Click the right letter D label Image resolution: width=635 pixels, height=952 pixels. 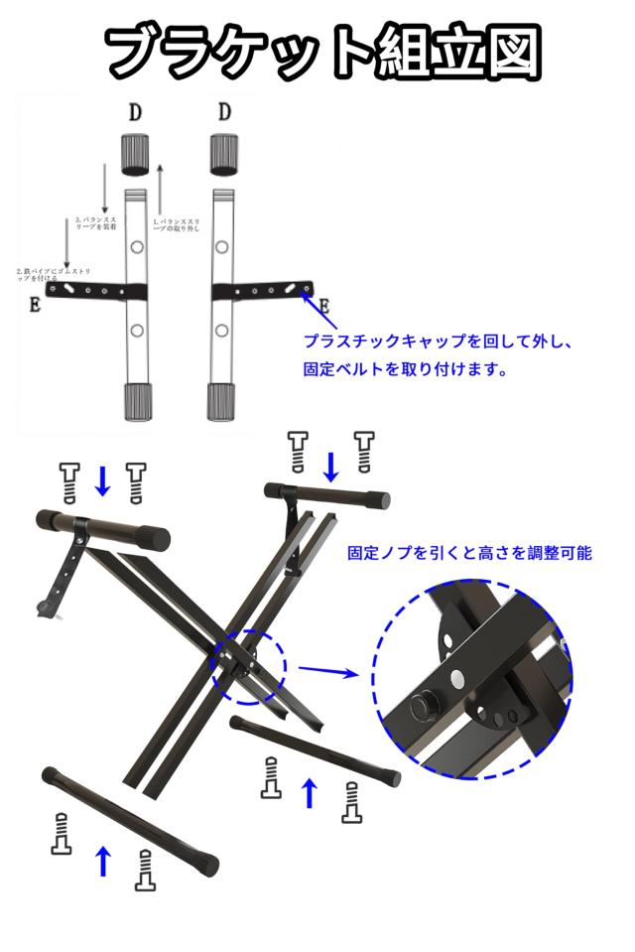(224, 111)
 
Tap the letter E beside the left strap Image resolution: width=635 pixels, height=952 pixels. (35, 305)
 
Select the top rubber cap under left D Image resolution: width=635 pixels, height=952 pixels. (136, 154)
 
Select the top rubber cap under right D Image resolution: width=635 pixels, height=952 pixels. (224, 154)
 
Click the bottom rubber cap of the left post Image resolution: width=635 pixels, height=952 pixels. (136, 401)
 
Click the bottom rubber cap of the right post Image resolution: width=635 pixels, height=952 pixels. (221, 401)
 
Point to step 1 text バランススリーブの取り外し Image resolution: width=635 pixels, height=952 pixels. (179, 224)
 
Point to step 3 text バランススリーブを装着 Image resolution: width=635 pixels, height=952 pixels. (95, 224)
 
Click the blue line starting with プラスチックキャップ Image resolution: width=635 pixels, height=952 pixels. (439, 340)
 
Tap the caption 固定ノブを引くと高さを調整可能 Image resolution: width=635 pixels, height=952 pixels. (468, 553)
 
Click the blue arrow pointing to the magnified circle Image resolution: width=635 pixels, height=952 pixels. (326, 672)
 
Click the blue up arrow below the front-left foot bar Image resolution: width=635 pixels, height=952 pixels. (102, 860)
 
